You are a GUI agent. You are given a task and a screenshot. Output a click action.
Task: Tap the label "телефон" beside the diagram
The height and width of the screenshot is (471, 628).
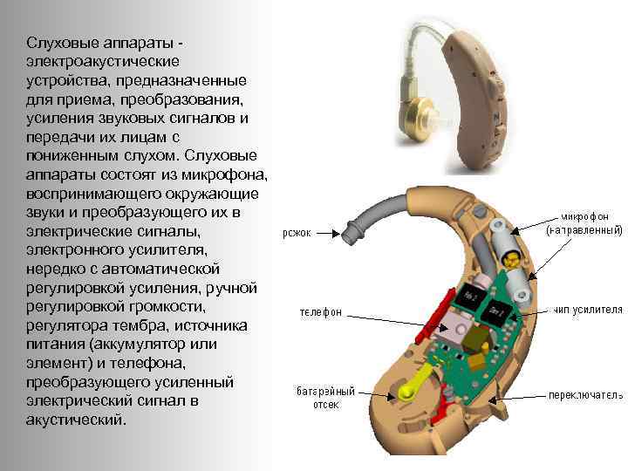(x=321, y=311)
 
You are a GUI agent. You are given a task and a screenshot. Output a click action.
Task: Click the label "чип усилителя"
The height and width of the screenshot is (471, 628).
(x=584, y=310)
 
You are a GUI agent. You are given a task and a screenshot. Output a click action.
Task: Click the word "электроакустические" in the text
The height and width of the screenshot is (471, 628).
(x=103, y=61)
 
